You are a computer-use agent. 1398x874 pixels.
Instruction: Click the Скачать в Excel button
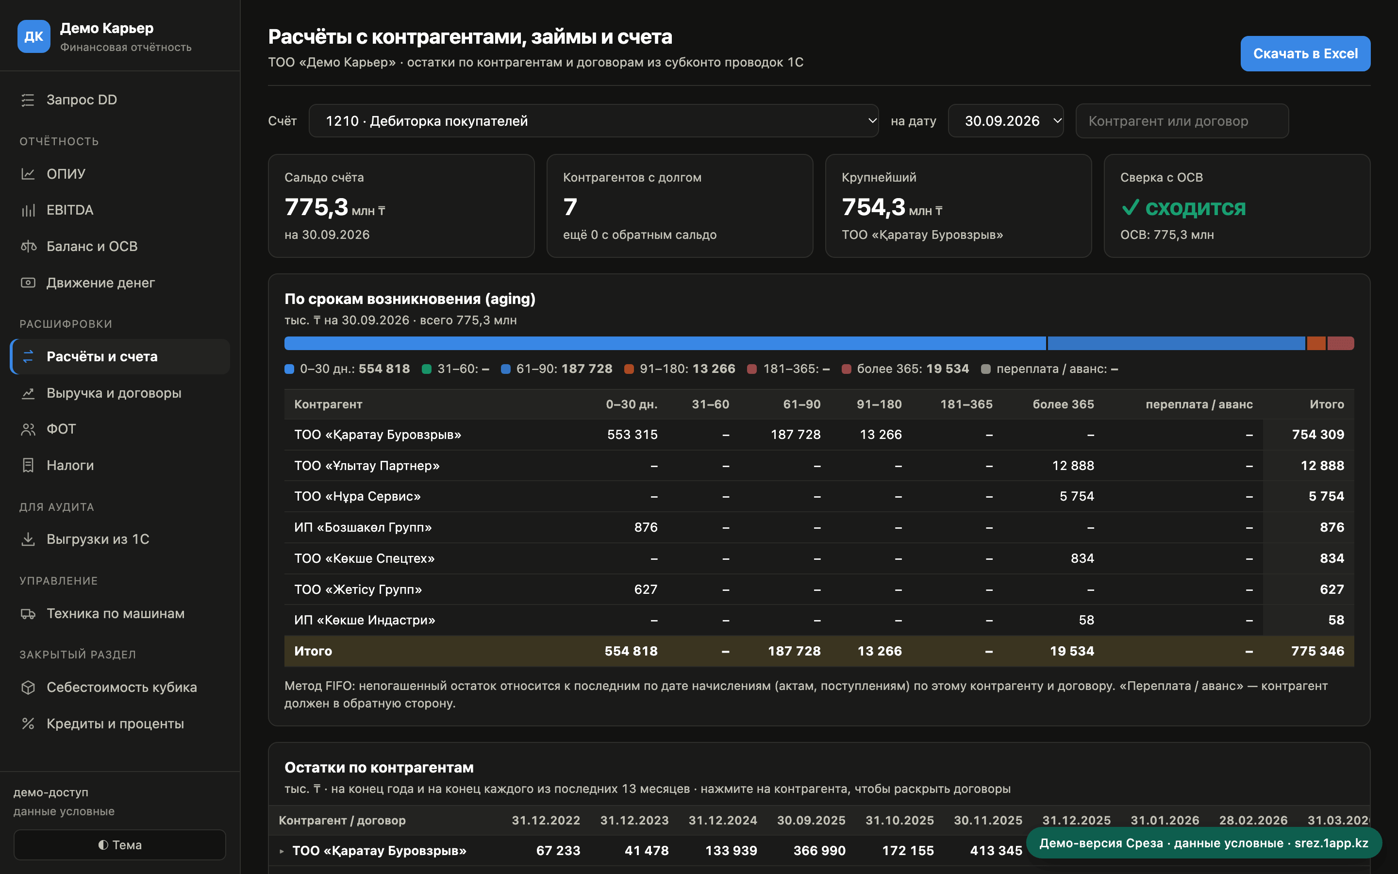coord(1305,54)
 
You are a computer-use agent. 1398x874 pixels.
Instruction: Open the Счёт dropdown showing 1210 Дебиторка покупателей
coord(593,121)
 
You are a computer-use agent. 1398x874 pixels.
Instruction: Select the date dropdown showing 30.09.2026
coord(1005,121)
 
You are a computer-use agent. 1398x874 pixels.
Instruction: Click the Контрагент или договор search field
coord(1182,121)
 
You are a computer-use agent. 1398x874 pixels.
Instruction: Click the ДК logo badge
coord(33,36)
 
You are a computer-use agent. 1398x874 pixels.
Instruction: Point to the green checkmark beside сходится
coord(1130,207)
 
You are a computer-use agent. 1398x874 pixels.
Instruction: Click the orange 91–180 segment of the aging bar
coord(1316,343)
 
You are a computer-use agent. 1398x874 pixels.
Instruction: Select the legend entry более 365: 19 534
coord(905,369)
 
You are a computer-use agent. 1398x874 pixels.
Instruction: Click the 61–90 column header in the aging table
coord(801,404)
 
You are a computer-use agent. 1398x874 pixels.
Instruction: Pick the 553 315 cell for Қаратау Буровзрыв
coord(632,435)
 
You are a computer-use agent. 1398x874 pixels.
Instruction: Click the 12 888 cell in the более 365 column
coord(1073,465)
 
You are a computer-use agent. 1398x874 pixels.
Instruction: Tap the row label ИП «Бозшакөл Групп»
coord(363,527)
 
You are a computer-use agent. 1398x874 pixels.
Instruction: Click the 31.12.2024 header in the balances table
coord(723,820)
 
